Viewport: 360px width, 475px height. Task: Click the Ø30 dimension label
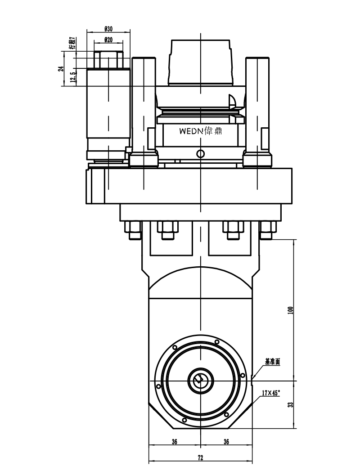[x=108, y=29]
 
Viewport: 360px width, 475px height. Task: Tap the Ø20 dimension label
[x=108, y=40]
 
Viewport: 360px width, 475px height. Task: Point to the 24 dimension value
[x=61, y=69]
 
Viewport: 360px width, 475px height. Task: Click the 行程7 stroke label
[x=72, y=43]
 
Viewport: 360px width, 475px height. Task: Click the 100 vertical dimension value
[x=291, y=310]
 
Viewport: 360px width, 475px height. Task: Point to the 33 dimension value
[x=291, y=405]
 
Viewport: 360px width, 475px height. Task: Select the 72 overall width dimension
[x=200, y=457]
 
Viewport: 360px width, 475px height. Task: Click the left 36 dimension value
[x=175, y=442]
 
